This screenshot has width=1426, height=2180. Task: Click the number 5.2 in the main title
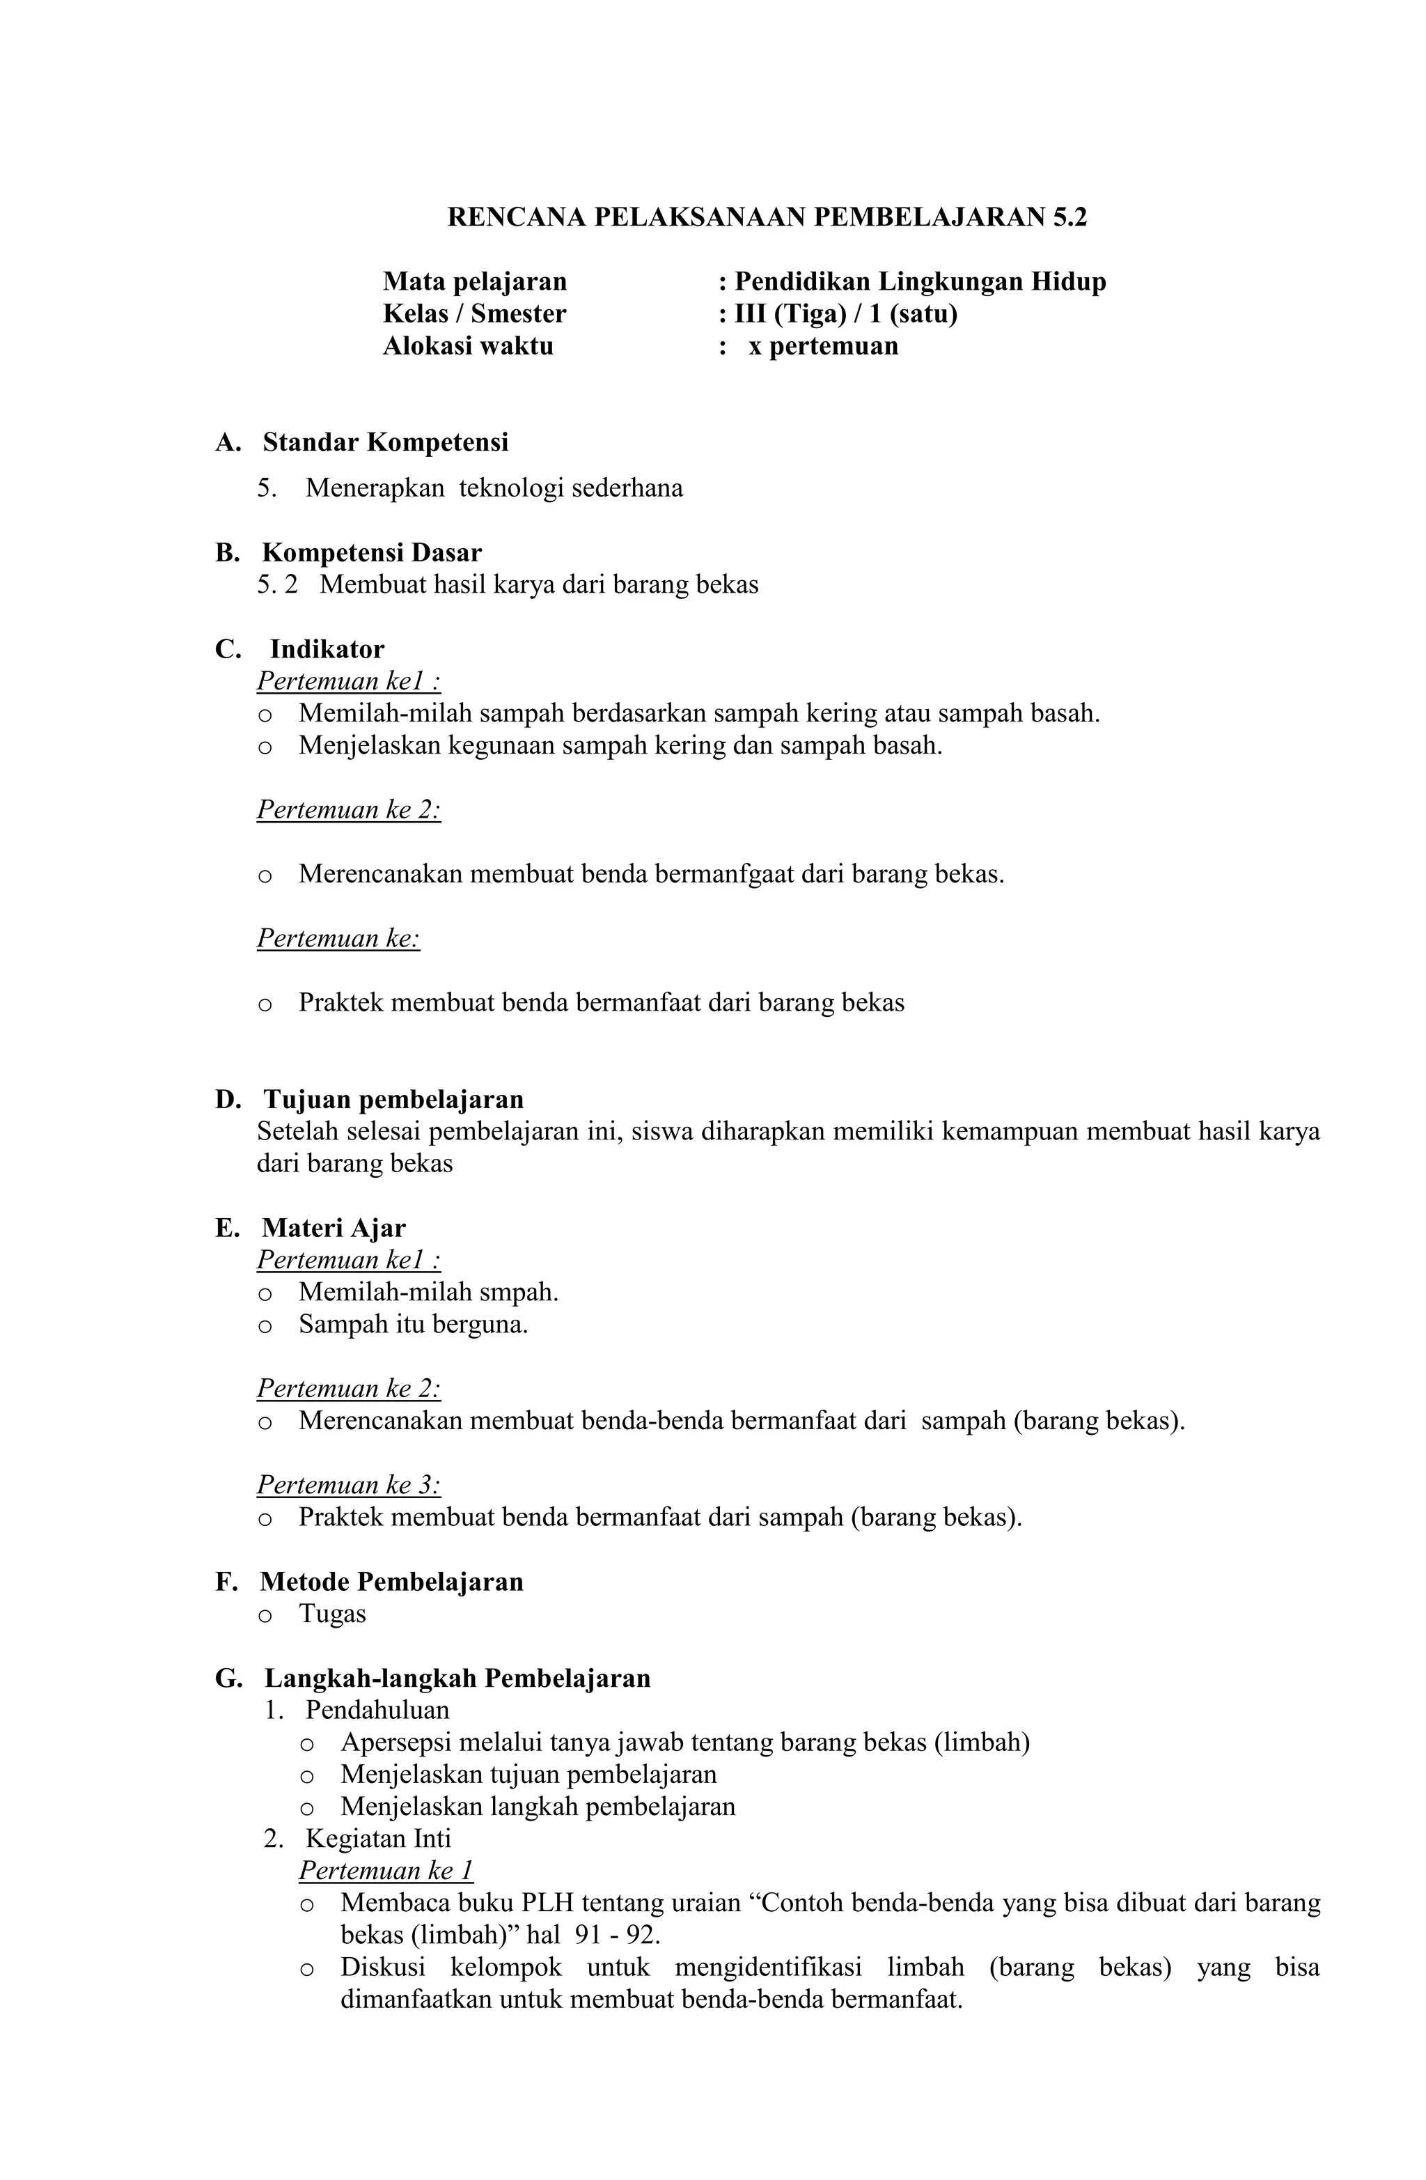tap(1069, 217)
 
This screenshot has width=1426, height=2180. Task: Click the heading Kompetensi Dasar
tap(371, 552)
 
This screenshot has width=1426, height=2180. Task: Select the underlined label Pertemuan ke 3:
tap(348, 1485)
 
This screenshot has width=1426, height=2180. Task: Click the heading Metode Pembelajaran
tap(391, 1582)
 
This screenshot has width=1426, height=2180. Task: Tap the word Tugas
tap(331, 1614)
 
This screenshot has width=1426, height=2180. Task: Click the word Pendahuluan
tap(377, 1710)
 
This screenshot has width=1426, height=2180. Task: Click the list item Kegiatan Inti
tap(377, 1838)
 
